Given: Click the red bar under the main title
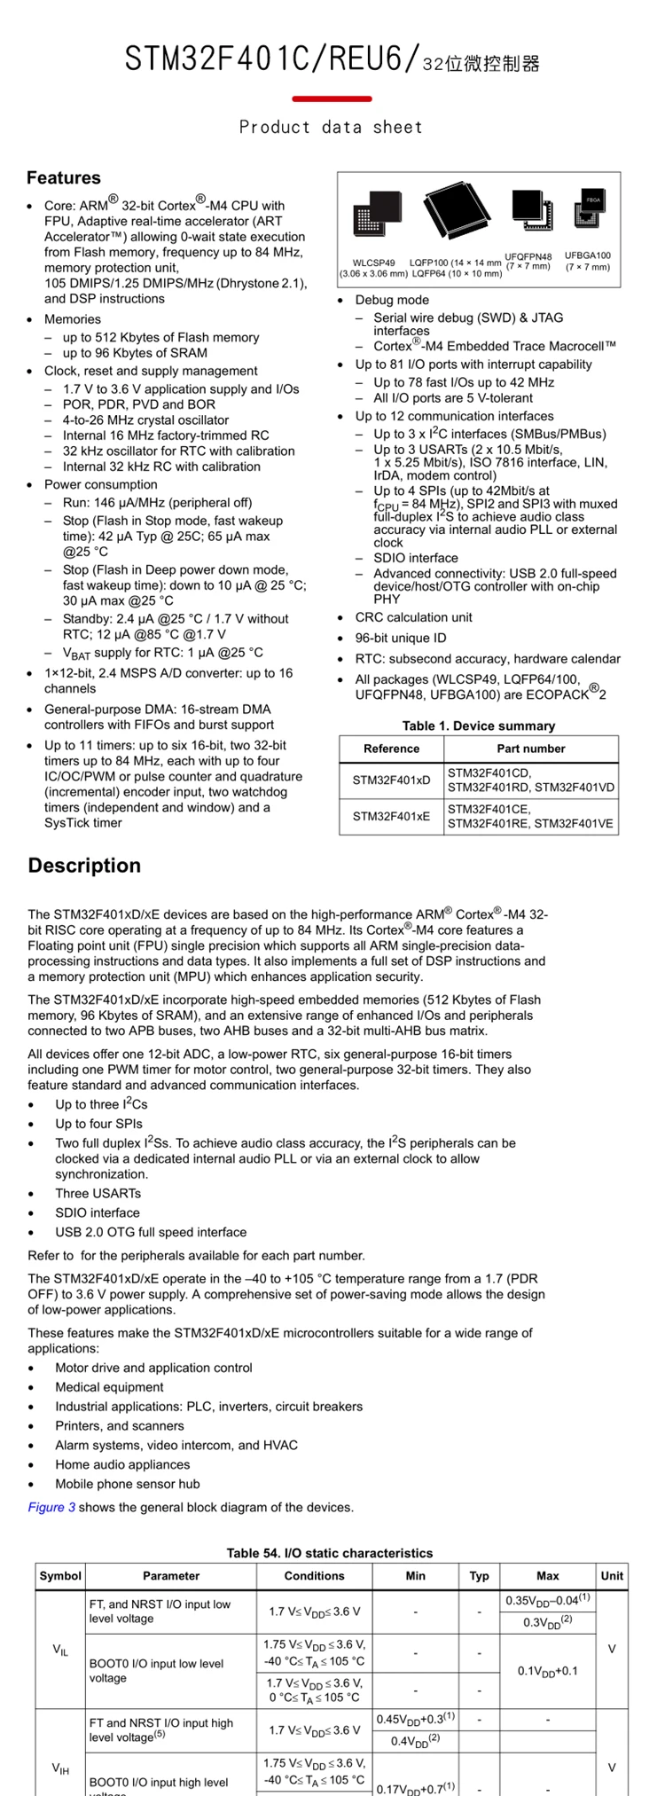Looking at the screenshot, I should pyautogui.click(x=332, y=98).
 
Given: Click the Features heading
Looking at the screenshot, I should pyautogui.click(x=64, y=177).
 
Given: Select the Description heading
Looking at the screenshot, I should pyautogui.click(x=84, y=866).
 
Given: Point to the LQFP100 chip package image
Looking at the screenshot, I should pyautogui.click(x=456, y=212).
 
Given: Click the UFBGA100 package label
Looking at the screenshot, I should pyautogui.click(x=588, y=261).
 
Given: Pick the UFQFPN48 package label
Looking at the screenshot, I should pyautogui.click(x=528, y=262).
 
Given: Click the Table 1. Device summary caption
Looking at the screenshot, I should pyautogui.click(x=479, y=725).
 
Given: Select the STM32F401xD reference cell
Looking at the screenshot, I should pyautogui.click(x=391, y=780).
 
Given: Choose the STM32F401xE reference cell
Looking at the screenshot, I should pyautogui.click(x=391, y=817).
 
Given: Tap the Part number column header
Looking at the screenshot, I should pyautogui.click(x=531, y=749).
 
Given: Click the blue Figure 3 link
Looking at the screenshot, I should pyautogui.click(x=51, y=1507).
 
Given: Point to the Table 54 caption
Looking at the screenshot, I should pyautogui.click(x=330, y=1553).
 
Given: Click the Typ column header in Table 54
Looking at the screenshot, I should pyautogui.click(x=479, y=1576).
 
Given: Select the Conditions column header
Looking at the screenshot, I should pyautogui.click(x=314, y=1576).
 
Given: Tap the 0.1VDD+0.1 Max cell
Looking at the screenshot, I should pyautogui.click(x=548, y=1671).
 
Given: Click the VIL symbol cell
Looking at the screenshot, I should pyautogui.click(x=60, y=1650).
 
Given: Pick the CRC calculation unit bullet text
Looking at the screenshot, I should pyautogui.click(x=414, y=617).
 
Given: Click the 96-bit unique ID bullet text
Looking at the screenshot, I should pyautogui.click(x=401, y=638).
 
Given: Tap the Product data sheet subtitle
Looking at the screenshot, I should pyautogui.click(x=332, y=127).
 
